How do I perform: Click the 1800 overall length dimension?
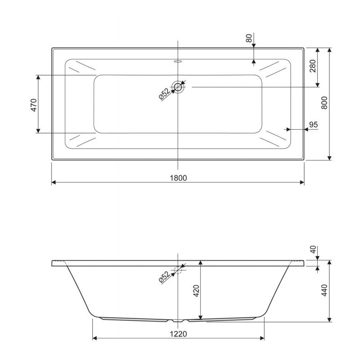tap(178, 178)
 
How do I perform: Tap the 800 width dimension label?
tap(324, 103)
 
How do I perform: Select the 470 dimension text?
tap(34, 105)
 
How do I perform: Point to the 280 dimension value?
tap(313, 66)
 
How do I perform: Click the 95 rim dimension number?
tap(313, 125)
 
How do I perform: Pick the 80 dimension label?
tap(249, 38)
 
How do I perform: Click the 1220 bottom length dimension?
tap(178, 333)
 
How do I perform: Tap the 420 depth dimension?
tap(197, 291)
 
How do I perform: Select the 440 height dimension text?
tap(324, 290)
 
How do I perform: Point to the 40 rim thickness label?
tap(313, 250)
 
